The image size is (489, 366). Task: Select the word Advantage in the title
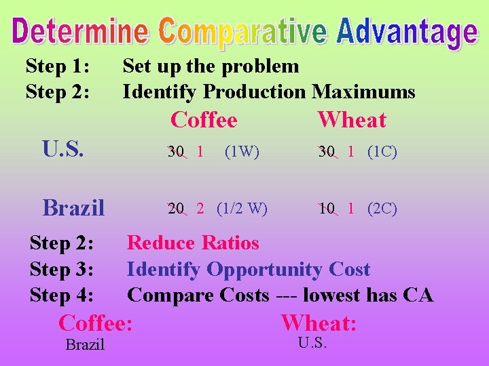(x=407, y=33)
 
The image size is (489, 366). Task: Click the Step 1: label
(x=58, y=66)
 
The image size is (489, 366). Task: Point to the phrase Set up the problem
(x=211, y=66)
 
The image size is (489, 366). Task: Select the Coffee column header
(x=204, y=120)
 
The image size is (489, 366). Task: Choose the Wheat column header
(x=352, y=120)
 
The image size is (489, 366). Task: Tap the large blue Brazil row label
(x=73, y=207)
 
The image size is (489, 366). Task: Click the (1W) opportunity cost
(x=241, y=152)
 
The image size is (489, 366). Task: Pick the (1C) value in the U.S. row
(x=382, y=152)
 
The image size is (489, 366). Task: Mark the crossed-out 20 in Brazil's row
(x=176, y=209)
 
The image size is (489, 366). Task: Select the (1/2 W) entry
(x=242, y=208)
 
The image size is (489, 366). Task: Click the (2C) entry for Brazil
(x=382, y=208)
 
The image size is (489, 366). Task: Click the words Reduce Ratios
(x=194, y=243)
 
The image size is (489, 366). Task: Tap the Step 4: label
(x=62, y=295)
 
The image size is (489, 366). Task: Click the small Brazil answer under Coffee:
(x=85, y=345)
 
